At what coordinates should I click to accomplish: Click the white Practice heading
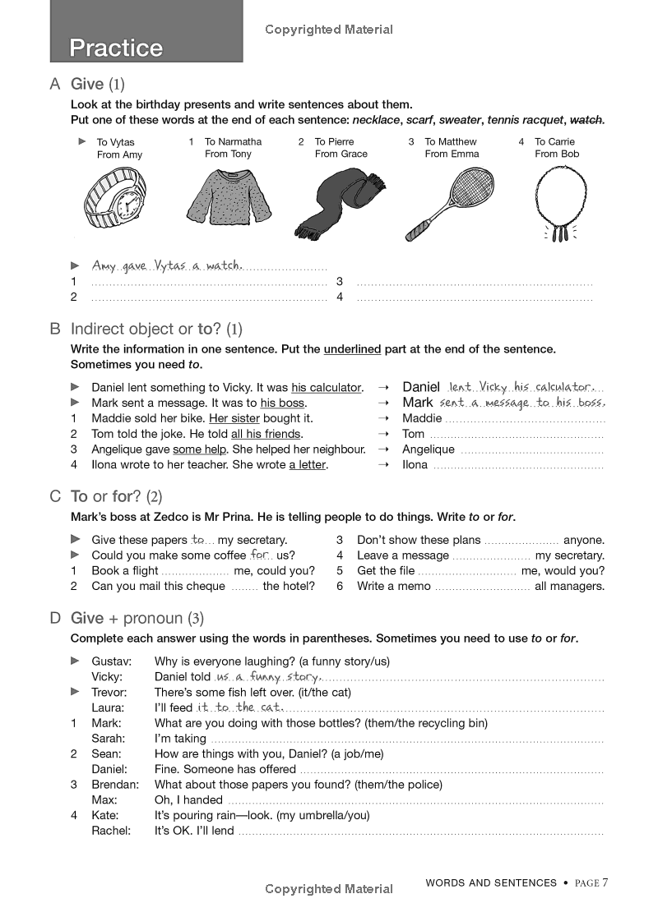[x=116, y=48]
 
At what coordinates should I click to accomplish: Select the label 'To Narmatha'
[x=233, y=142]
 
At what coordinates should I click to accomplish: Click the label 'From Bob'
[x=557, y=154]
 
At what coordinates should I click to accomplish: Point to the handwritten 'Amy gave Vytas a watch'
[x=167, y=265]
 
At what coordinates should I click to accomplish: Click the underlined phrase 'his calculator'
[x=327, y=388]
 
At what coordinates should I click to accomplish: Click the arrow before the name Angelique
[x=382, y=449]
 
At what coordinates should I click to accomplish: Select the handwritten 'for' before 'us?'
[x=261, y=555]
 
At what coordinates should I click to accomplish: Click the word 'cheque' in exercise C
[x=204, y=586]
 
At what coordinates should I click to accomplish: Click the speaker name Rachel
[x=111, y=831]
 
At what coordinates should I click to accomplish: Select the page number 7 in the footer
[x=605, y=883]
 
